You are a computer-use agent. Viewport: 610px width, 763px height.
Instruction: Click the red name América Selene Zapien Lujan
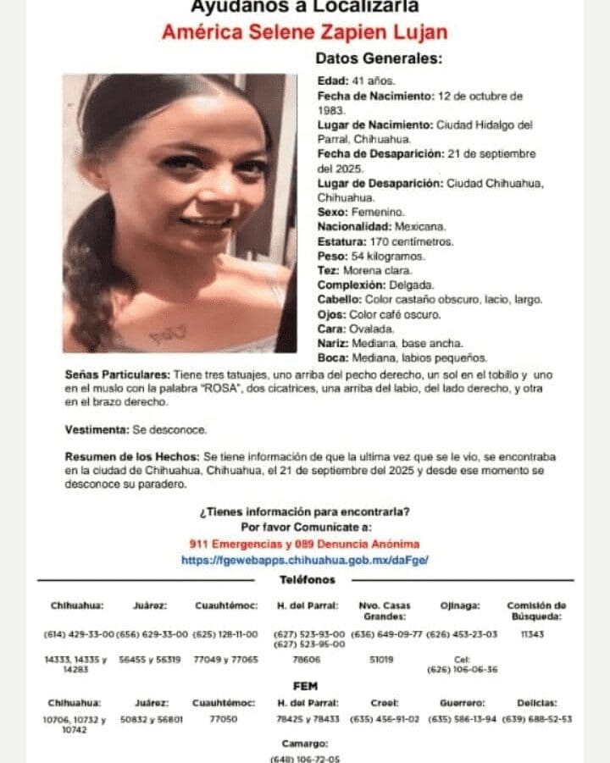click(x=305, y=33)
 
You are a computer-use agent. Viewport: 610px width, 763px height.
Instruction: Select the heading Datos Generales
click(x=379, y=59)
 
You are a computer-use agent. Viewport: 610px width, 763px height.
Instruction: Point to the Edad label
click(x=331, y=80)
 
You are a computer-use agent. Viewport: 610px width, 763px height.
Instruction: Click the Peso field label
click(x=332, y=256)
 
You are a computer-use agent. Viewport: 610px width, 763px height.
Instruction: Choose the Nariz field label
click(x=331, y=343)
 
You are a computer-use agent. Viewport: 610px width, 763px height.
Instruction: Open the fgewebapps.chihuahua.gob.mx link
click(x=305, y=560)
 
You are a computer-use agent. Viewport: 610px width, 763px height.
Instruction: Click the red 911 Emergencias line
click(x=305, y=545)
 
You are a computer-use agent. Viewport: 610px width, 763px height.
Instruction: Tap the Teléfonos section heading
click(x=307, y=580)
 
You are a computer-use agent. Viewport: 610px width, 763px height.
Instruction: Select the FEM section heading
click(x=305, y=686)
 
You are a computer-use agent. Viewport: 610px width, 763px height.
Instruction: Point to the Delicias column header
click(x=537, y=702)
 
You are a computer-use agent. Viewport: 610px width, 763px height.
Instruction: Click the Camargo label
click(x=304, y=743)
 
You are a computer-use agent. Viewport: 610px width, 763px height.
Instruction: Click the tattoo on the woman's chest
click(x=166, y=335)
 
